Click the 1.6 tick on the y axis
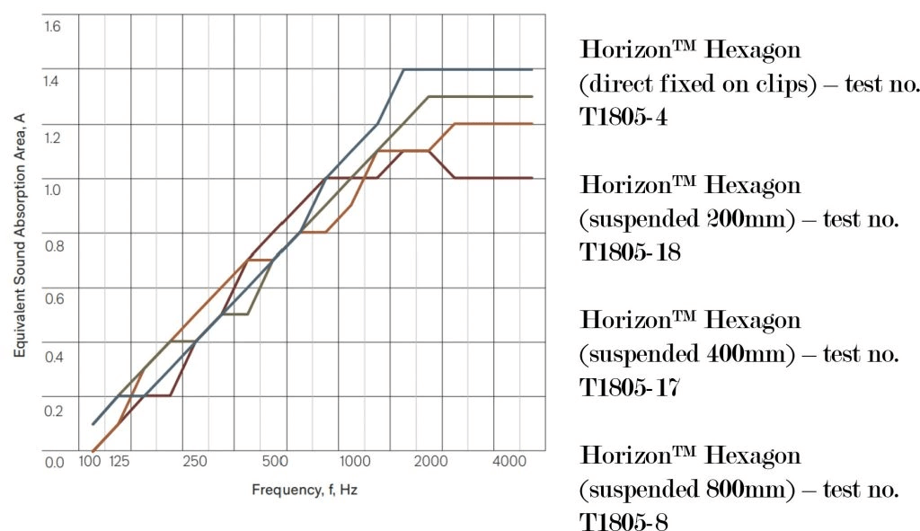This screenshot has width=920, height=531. (51, 26)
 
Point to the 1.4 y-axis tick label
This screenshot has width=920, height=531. (51, 80)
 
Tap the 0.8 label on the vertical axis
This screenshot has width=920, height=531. (54, 246)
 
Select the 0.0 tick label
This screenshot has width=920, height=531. (54, 463)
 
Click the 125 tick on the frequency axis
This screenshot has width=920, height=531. (119, 461)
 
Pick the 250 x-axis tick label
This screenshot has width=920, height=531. (195, 461)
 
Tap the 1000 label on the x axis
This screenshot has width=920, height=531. (355, 461)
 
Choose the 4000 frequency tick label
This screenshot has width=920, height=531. (509, 461)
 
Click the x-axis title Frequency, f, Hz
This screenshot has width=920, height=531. (305, 490)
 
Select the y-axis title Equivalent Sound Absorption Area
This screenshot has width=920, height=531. (20, 235)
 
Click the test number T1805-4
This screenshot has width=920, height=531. (624, 117)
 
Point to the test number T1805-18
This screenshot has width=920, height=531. (630, 252)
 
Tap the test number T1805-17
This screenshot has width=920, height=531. (630, 387)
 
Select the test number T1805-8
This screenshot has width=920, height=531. (624, 521)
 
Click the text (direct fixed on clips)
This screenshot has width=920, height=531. (697, 84)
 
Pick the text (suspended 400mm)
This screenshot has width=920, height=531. (686, 354)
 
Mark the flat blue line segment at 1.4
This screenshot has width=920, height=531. (467, 69)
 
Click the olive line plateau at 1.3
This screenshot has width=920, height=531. (481, 96)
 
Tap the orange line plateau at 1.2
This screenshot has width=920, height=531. (493, 124)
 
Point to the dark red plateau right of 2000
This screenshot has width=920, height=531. (493, 178)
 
